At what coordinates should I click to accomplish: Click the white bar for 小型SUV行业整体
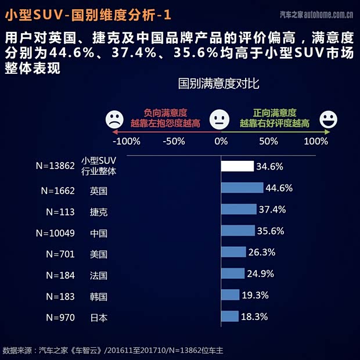(x=237, y=167)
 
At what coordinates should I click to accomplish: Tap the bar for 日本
(x=230, y=316)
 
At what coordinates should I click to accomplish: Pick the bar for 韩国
(x=230, y=295)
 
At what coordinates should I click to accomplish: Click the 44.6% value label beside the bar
(x=279, y=188)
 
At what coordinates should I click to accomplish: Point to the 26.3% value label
(x=262, y=252)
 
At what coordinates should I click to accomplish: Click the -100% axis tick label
(x=126, y=141)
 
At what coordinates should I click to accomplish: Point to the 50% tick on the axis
(x=268, y=141)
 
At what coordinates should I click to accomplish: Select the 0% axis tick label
(x=221, y=141)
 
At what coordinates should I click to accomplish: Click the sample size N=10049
(x=55, y=233)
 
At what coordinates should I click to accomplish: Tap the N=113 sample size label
(x=60, y=212)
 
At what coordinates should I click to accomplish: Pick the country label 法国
(x=99, y=275)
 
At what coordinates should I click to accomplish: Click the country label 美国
(x=99, y=254)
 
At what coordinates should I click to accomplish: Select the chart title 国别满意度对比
(x=218, y=84)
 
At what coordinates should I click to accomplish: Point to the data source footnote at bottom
(x=113, y=350)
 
